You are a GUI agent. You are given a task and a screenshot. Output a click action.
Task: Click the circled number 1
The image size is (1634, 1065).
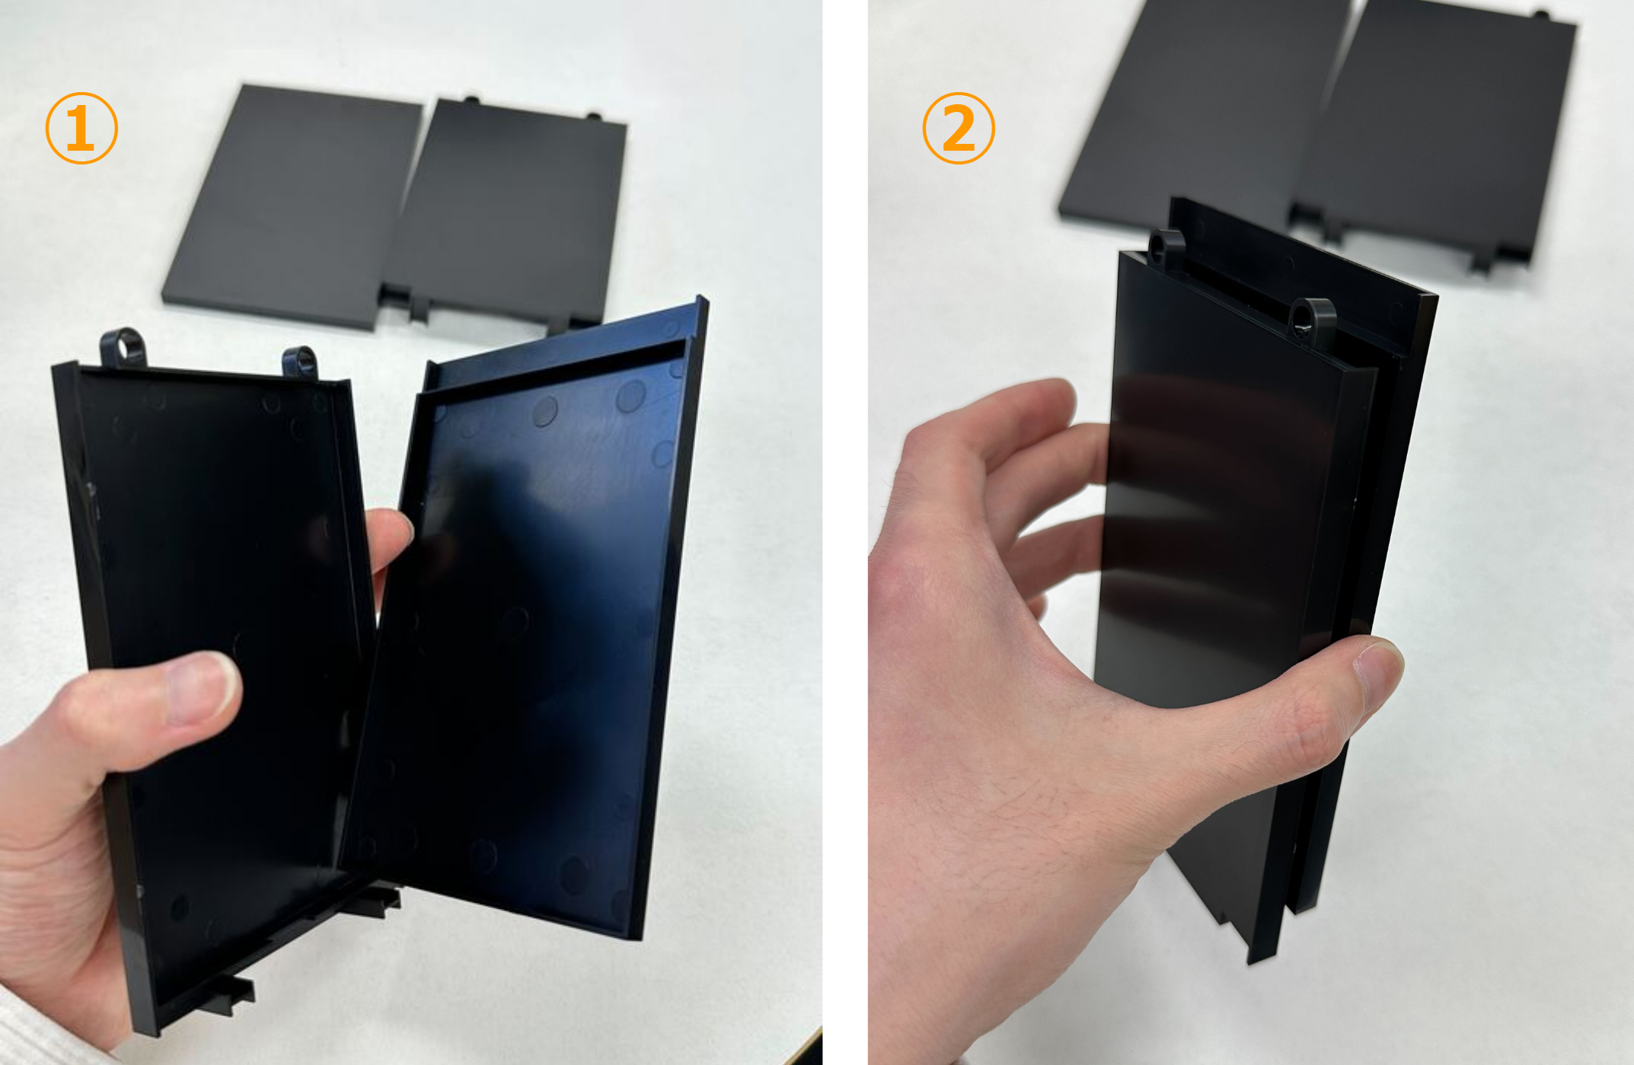point(81,128)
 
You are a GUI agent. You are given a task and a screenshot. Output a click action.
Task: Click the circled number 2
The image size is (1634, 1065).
point(959,128)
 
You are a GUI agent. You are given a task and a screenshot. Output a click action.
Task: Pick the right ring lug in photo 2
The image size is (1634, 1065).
point(1311,319)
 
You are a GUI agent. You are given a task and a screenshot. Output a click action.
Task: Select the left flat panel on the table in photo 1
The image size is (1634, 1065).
point(293,206)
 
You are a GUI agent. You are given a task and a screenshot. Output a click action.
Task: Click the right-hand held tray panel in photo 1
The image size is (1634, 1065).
point(525,617)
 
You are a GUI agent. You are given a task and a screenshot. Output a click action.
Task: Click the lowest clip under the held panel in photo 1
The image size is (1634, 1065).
point(228,993)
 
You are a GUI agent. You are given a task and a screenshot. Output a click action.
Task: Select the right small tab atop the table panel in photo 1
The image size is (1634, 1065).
point(593,116)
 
